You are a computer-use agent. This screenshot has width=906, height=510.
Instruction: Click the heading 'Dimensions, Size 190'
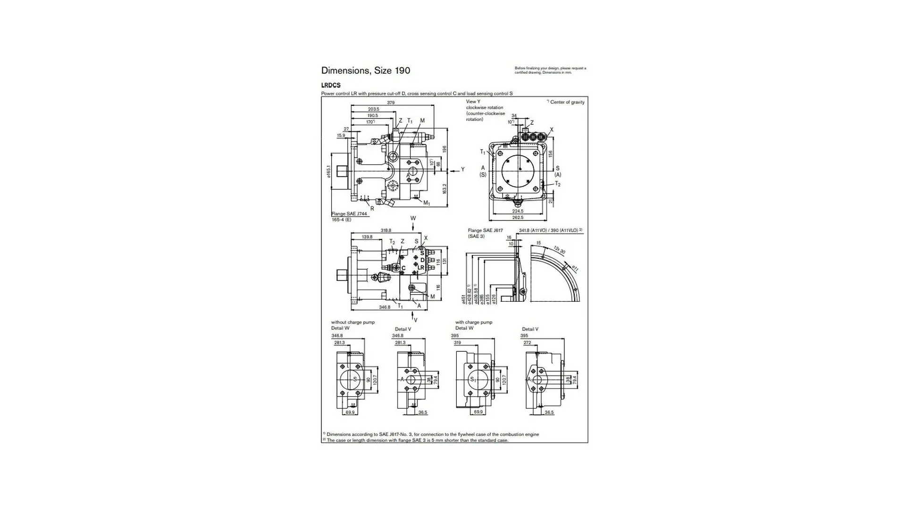click(x=365, y=71)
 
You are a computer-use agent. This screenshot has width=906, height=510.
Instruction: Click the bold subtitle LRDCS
click(x=331, y=85)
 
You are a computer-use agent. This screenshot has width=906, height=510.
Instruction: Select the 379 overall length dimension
click(x=391, y=102)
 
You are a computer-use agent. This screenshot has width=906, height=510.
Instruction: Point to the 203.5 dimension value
click(x=373, y=109)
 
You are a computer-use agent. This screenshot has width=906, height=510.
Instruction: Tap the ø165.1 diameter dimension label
click(x=328, y=171)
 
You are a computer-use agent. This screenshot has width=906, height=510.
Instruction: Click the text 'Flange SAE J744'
click(x=349, y=214)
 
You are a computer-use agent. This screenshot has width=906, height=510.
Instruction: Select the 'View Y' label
click(x=473, y=102)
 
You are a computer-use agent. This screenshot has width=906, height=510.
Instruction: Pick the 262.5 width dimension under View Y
click(x=518, y=218)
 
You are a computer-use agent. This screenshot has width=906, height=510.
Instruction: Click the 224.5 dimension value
click(x=518, y=211)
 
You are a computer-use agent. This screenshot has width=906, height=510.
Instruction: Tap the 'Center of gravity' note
click(x=567, y=102)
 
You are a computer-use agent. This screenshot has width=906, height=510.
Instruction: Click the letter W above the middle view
click(x=413, y=219)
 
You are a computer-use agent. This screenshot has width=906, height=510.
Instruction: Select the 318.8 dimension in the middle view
click(x=386, y=230)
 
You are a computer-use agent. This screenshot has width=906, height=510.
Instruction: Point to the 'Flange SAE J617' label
click(x=485, y=230)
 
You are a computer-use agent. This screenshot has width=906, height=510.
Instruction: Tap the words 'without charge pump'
click(x=353, y=322)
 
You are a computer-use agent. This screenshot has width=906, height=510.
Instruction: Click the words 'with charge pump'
click(x=473, y=322)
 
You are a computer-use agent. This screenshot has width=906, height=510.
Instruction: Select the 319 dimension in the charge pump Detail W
click(x=457, y=343)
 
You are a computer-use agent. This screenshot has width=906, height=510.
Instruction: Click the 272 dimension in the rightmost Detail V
click(x=527, y=343)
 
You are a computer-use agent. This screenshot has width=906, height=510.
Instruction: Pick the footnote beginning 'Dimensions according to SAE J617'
click(x=432, y=434)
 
